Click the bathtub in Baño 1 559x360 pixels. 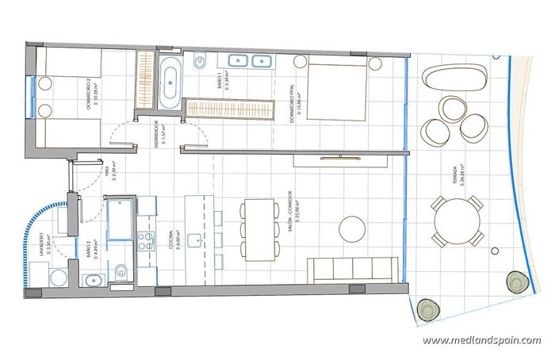coord(170,82)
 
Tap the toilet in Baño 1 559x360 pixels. coord(201,59)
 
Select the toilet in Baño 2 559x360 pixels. coord(121,272)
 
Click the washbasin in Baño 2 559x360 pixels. coord(91,278)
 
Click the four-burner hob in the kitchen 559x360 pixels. coord(147,239)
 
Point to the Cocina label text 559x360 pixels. coord(170,241)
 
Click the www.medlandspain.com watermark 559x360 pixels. coord(481,341)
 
